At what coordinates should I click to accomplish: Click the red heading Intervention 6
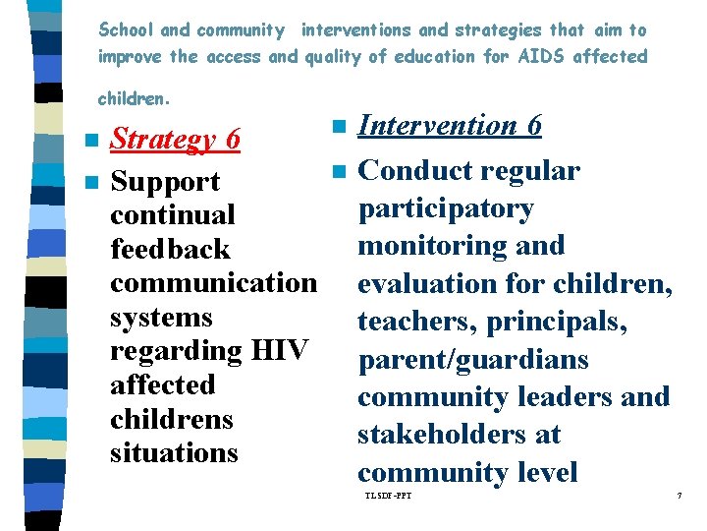[450, 126]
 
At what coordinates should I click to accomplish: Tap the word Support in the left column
[165, 183]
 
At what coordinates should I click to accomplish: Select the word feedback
[170, 250]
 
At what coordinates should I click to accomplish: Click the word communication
[213, 283]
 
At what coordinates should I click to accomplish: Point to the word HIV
[280, 351]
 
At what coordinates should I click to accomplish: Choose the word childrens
[172, 419]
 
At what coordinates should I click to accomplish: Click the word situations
[174, 453]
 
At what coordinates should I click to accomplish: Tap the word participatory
[446, 208]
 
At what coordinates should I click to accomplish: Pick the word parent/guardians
[472, 360]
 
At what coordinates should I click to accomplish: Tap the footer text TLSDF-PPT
[388, 495]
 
